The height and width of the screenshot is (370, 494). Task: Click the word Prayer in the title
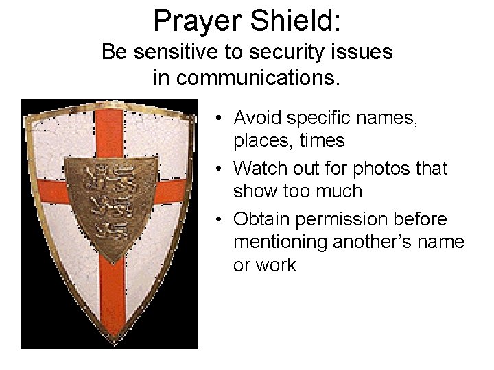coord(196,21)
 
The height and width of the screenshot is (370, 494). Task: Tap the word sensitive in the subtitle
coord(181,52)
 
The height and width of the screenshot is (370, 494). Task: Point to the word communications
coord(257,77)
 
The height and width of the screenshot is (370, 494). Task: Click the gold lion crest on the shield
coord(108,199)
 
